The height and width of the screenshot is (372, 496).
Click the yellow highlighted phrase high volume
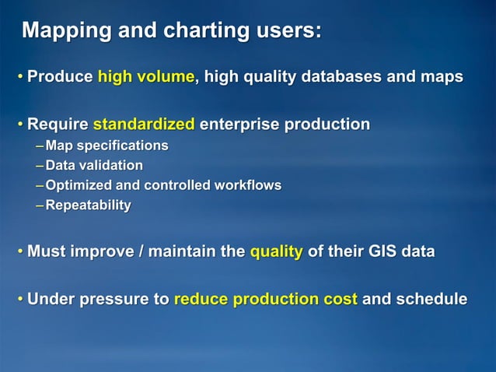[x=145, y=77]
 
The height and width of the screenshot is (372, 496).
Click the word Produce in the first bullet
[x=60, y=77]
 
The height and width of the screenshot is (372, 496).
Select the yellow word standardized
[x=143, y=125]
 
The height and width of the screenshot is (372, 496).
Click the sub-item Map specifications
[x=107, y=146]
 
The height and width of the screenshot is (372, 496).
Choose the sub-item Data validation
[x=94, y=165]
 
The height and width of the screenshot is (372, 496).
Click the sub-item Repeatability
[x=88, y=205]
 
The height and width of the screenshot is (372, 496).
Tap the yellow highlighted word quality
[x=276, y=252]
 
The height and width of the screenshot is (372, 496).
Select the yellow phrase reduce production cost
[x=266, y=300]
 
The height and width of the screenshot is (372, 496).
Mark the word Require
[x=58, y=125]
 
